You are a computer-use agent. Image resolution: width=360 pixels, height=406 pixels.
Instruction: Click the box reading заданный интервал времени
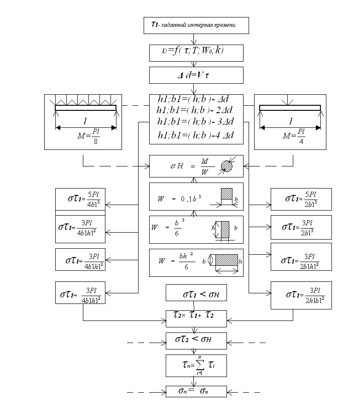[196, 25]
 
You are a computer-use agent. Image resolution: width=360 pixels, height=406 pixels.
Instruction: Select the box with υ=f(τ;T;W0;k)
[196, 52]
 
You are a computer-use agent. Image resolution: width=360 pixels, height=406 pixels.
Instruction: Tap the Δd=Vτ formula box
[196, 75]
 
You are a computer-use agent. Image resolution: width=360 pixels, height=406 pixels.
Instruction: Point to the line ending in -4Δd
[196, 136]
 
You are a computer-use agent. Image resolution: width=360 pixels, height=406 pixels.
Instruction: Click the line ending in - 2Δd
[196, 110]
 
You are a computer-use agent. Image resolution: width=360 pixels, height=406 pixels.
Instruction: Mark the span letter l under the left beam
[85, 122]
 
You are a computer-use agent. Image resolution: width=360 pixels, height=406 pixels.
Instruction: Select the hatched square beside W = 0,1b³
[227, 194]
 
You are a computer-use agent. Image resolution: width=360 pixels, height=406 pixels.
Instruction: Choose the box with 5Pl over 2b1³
[300, 199]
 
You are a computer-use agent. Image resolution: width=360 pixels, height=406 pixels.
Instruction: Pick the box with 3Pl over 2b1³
[300, 227]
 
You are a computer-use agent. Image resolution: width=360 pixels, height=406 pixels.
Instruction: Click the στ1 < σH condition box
[196, 293]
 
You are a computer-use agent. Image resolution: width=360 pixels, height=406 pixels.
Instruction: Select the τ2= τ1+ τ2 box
[196, 317]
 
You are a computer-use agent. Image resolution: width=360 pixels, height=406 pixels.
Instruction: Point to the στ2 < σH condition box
[196, 341]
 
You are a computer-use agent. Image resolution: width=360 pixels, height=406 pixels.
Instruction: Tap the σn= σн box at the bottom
[196, 391]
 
